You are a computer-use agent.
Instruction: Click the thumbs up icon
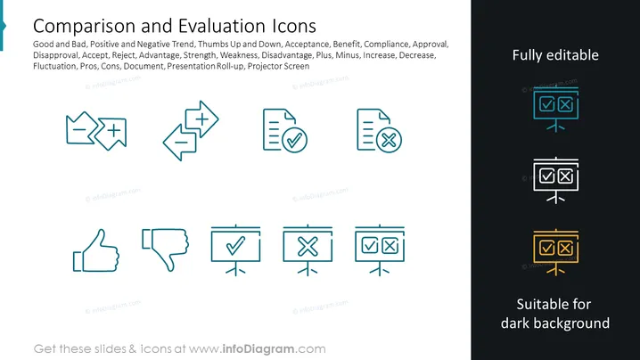click(x=96, y=250)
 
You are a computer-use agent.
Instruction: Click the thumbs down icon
click(x=165, y=249)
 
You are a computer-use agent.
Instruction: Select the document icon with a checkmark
click(x=285, y=131)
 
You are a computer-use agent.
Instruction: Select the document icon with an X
click(x=379, y=131)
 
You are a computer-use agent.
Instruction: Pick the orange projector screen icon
click(x=556, y=252)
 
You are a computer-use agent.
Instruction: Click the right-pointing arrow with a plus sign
click(x=201, y=119)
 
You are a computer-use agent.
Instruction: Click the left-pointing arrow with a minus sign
click(x=180, y=142)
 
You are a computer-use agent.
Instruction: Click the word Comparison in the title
click(x=85, y=26)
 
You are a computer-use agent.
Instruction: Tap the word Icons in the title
click(x=294, y=26)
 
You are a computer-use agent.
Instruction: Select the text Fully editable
click(x=555, y=55)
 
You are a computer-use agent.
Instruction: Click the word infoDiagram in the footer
click(x=258, y=349)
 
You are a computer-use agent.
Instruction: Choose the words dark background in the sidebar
click(x=555, y=323)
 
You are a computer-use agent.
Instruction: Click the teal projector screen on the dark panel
click(x=556, y=109)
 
